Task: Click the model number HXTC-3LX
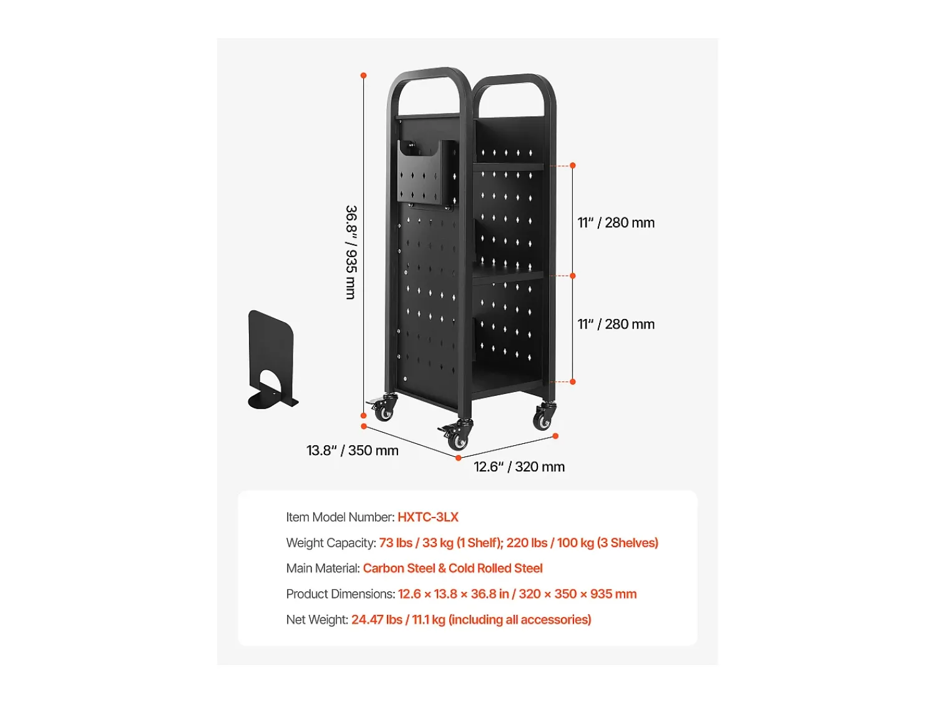click(427, 517)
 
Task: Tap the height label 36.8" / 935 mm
click(351, 252)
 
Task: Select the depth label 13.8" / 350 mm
click(352, 451)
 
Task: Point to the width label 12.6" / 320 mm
click(519, 466)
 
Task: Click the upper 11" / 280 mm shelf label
click(616, 223)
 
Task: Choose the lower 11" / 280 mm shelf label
click(616, 324)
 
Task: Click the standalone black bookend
click(273, 359)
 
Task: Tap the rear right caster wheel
click(544, 416)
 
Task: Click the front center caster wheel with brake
click(457, 435)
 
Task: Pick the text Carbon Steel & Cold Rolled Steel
click(452, 568)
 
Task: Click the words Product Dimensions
click(340, 594)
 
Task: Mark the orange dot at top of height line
click(363, 76)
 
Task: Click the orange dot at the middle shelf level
click(573, 276)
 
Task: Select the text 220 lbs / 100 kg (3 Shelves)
click(582, 543)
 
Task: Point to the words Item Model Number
click(340, 517)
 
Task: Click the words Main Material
click(323, 568)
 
